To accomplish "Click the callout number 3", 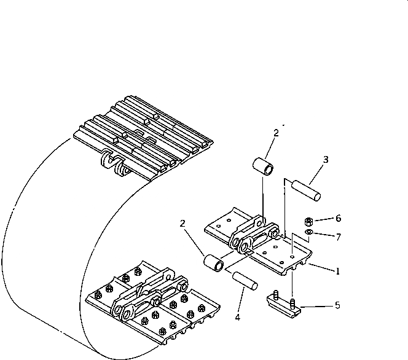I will pyautogui.click(x=326, y=160).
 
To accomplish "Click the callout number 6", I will pyautogui.click(x=337, y=218).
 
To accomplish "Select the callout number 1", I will pyautogui.click(x=337, y=271).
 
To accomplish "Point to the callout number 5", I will pyautogui.click(x=337, y=305).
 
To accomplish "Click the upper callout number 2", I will pyautogui.click(x=276, y=132).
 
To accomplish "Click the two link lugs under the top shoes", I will pyautogui.click(x=115, y=165).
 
